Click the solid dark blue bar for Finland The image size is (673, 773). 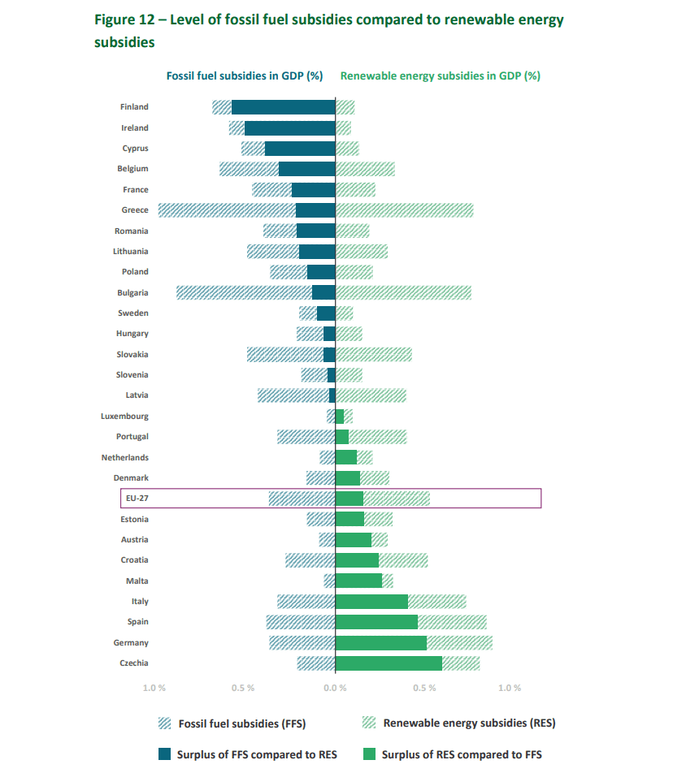click(283, 107)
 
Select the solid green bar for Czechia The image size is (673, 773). click(389, 663)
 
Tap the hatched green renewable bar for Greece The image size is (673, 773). click(404, 210)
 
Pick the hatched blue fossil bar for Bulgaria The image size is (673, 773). click(244, 292)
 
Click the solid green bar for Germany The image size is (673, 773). click(380, 643)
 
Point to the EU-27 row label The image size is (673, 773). click(137, 499)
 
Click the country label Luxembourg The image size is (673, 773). click(124, 417)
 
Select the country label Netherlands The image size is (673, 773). click(124, 458)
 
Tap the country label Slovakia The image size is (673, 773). click(132, 355)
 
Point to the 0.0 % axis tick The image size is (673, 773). click(335, 688)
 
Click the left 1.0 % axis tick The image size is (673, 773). click(154, 688)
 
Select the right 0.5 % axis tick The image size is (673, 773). click(424, 688)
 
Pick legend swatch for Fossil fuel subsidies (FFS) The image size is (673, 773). click(165, 723)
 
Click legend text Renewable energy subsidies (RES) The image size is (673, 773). click(469, 723)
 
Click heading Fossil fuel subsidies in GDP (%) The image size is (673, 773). click(245, 76)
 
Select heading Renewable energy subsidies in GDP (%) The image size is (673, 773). click(440, 76)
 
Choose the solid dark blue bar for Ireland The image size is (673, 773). click(289, 128)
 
